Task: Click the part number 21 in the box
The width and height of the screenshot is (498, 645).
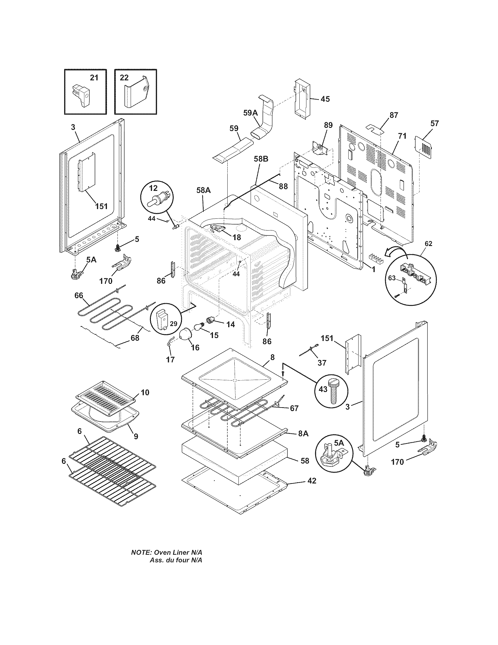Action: pyautogui.click(x=94, y=78)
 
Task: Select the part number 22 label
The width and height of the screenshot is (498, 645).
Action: pyautogui.click(x=124, y=78)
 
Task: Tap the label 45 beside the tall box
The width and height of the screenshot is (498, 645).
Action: pyautogui.click(x=325, y=99)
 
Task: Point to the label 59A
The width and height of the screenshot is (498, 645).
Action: pyautogui.click(x=250, y=113)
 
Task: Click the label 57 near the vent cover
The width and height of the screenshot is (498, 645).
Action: pyautogui.click(x=434, y=123)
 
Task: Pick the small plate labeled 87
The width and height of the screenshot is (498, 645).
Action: pyautogui.click(x=375, y=129)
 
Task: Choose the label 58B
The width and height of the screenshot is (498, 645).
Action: pyautogui.click(x=261, y=159)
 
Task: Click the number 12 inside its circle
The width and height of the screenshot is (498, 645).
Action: pyautogui.click(x=154, y=188)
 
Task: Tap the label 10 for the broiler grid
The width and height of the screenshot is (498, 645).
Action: pyautogui.click(x=144, y=392)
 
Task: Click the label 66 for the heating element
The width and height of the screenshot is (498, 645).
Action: pyautogui.click(x=79, y=295)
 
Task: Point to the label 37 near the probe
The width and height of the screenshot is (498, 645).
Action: pyautogui.click(x=322, y=362)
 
